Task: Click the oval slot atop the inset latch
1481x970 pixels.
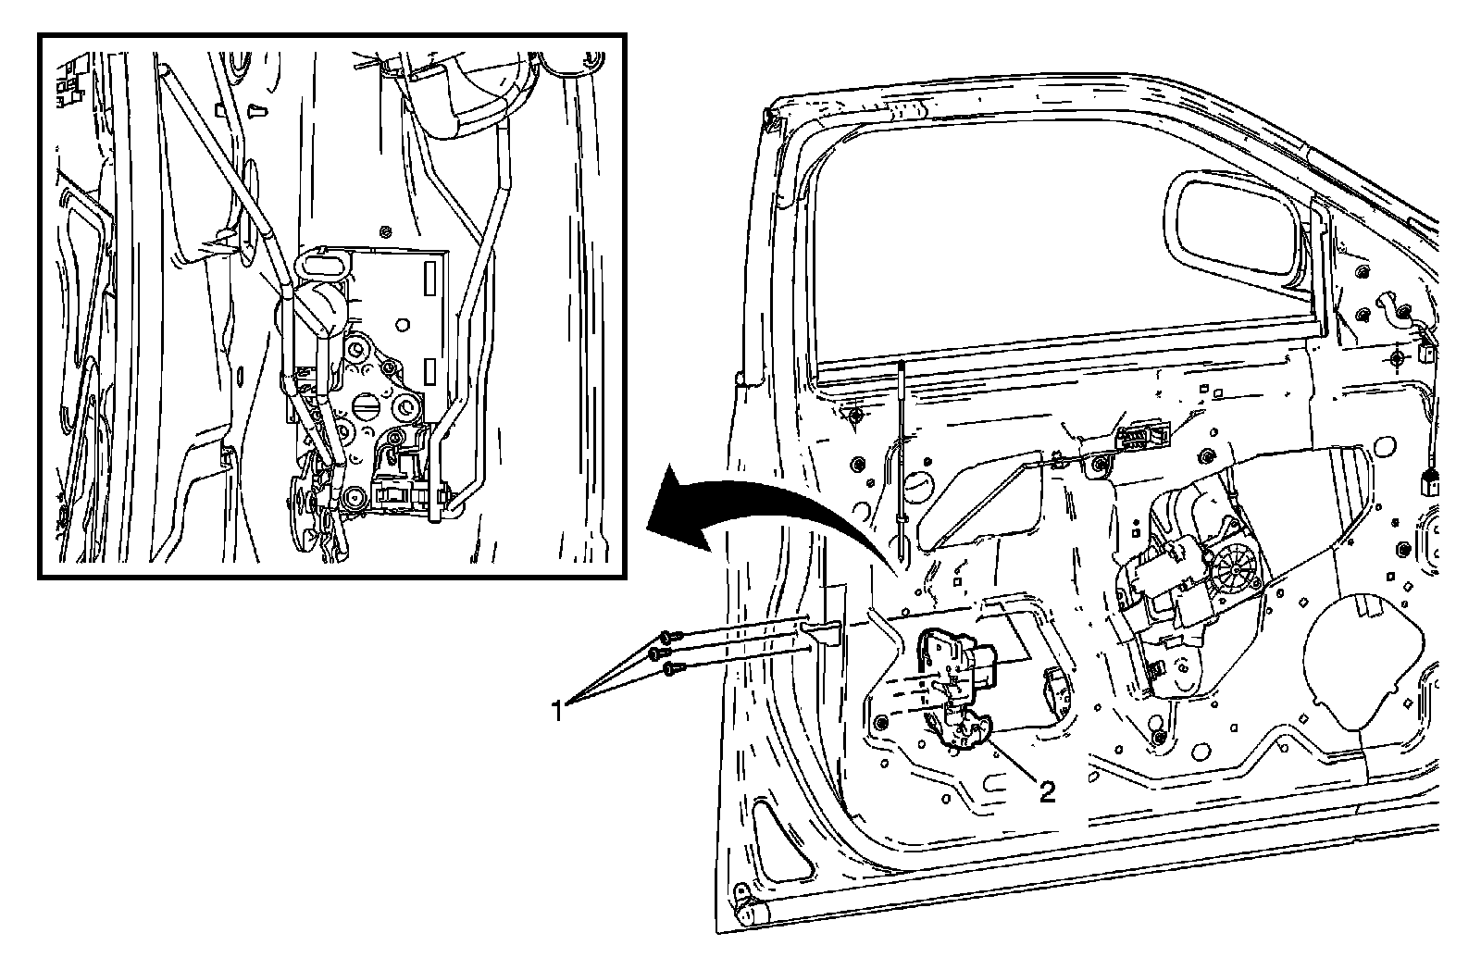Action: [x=320, y=267]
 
